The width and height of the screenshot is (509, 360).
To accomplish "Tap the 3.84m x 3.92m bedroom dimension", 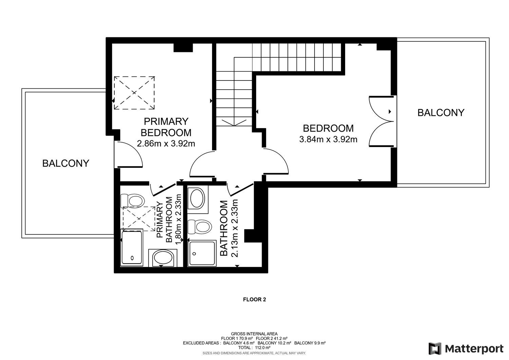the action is coord(328,139).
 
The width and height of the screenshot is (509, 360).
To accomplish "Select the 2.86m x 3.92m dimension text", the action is coord(166,144).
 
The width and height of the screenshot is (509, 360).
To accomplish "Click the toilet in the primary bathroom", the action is coord(132,201).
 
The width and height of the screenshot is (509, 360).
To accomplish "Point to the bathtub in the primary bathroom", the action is coord(132,248).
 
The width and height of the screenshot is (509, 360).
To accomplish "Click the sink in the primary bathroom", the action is coord(163,258).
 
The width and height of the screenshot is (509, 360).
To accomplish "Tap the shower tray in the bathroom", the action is coord(202,253).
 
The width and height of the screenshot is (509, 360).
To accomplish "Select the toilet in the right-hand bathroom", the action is coord(200,227).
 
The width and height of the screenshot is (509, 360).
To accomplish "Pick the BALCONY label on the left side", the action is coord(66,163).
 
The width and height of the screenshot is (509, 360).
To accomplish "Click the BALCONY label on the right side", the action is coord(441,113).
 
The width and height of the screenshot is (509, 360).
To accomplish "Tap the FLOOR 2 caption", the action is coord(254,300).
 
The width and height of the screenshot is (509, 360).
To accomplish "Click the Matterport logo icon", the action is coord(435,349).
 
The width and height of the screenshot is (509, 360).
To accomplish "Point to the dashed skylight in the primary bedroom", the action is coord(134,93).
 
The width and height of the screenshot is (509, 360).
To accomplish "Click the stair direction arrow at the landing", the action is coord(234,122).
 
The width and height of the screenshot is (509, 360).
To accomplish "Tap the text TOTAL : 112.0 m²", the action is coord(254,347).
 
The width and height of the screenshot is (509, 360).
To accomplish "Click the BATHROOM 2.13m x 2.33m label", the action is coord(229,228).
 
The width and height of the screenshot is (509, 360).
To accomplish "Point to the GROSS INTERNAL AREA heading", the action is coord(254,334).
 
